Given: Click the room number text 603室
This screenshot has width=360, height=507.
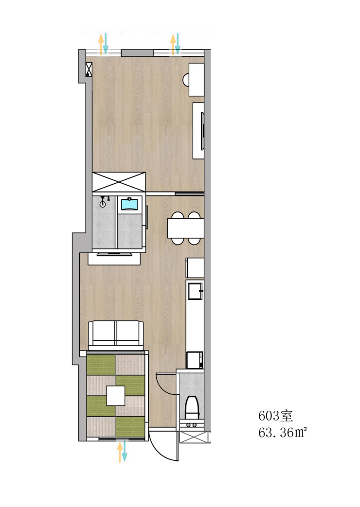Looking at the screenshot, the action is (x=275, y=416).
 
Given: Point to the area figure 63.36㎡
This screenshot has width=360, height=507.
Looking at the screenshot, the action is (x=282, y=432).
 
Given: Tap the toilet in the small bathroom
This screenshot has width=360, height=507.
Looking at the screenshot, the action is (x=192, y=407).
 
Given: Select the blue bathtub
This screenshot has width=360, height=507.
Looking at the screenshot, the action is (x=129, y=205).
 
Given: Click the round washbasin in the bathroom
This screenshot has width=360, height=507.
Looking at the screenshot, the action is (x=103, y=204).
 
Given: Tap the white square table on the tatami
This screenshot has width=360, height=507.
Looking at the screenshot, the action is (x=116, y=396).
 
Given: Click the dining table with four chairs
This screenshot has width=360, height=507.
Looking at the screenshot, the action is (x=185, y=228).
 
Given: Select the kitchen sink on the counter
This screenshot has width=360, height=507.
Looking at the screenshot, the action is (x=195, y=291).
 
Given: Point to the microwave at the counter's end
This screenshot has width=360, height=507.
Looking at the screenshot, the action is (x=195, y=360).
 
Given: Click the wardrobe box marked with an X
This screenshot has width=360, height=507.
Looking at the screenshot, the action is (x=119, y=182).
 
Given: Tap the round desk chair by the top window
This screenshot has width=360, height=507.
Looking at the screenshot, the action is (x=186, y=80).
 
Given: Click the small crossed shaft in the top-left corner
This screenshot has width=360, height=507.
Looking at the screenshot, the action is (x=89, y=70).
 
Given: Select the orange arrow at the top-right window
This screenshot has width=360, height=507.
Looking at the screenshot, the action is (x=173, y=45).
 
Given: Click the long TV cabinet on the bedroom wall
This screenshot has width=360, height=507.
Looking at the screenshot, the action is (x=199, y=131).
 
